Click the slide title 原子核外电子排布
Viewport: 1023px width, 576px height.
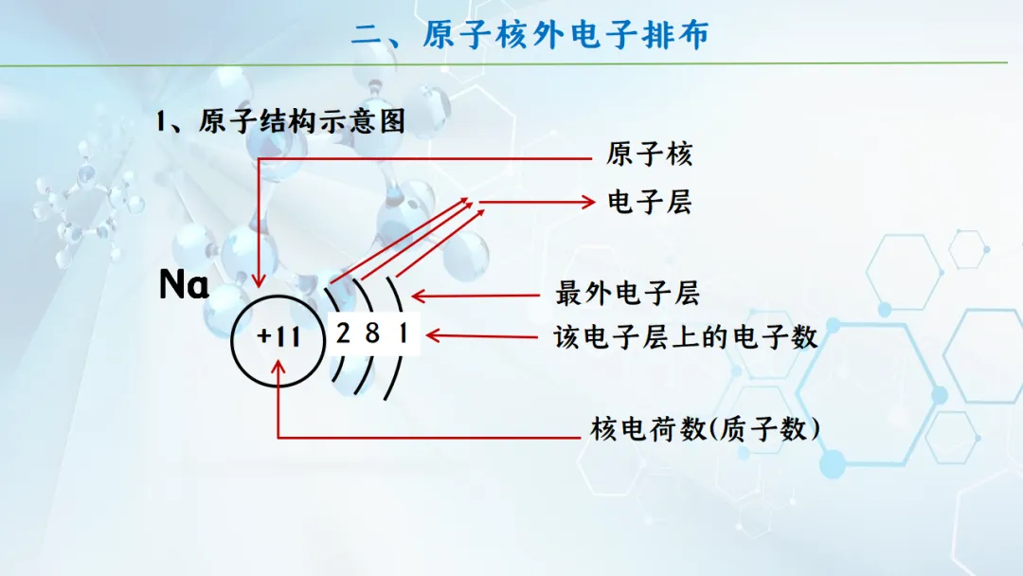click(565, 34)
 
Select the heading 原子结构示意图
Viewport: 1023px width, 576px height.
click(302, 121)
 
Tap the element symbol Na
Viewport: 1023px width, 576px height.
click(184, 285)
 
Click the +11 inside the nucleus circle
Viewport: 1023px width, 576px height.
click(278, 336)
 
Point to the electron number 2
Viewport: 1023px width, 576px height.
click(343, 333)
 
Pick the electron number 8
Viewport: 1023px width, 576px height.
click(372, 333)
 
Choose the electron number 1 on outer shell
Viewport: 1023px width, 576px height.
click(404, 333)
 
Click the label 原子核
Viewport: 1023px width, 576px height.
click(649, 154)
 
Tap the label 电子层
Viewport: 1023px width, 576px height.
click(649, 202)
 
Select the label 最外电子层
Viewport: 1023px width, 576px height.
click(627, 294)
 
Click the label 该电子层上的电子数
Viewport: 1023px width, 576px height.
click(686, 337)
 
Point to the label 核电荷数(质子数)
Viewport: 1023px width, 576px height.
click(705, 429)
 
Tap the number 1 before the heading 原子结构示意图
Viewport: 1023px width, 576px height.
click(160, 122)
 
